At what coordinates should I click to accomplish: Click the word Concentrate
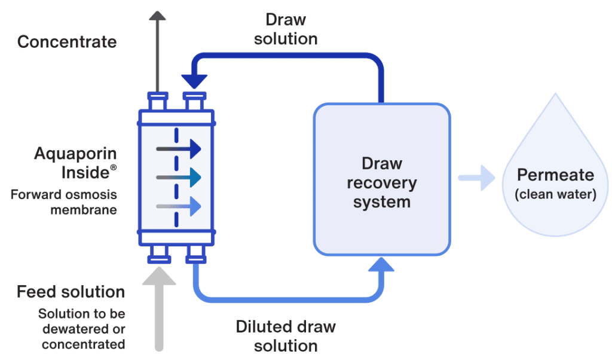point(67,42)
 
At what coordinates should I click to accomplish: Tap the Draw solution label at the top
point(286,29)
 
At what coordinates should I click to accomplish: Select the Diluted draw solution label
point(286,335)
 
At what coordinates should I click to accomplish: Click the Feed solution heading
point(71,292)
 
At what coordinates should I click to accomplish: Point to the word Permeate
point(555,175)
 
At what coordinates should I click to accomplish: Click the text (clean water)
point(555,194)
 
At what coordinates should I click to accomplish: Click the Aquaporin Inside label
point(75,163)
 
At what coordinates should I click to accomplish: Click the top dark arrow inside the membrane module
point(179,150)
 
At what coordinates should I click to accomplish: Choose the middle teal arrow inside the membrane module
point(179,178)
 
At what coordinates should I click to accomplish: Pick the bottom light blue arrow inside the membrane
point(179,206)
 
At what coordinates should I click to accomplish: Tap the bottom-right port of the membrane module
point(194,254)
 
